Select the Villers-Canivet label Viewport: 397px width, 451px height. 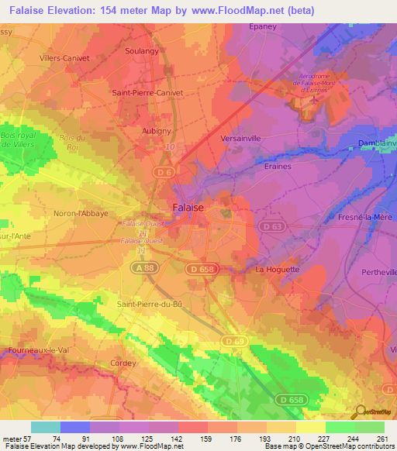pyautogui.click(x=64, y=57)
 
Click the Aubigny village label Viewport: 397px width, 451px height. pyautogui.click(x=156, y=131)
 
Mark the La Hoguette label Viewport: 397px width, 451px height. pyautogui.click(x=277, y=270)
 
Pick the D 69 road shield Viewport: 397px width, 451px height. pyautogui.click(x=233, y=340)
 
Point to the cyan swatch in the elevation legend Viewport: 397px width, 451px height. pyautogui.click(x=45, y=427)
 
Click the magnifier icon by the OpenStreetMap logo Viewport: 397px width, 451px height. pyautogui.click(x=359, y=412)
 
